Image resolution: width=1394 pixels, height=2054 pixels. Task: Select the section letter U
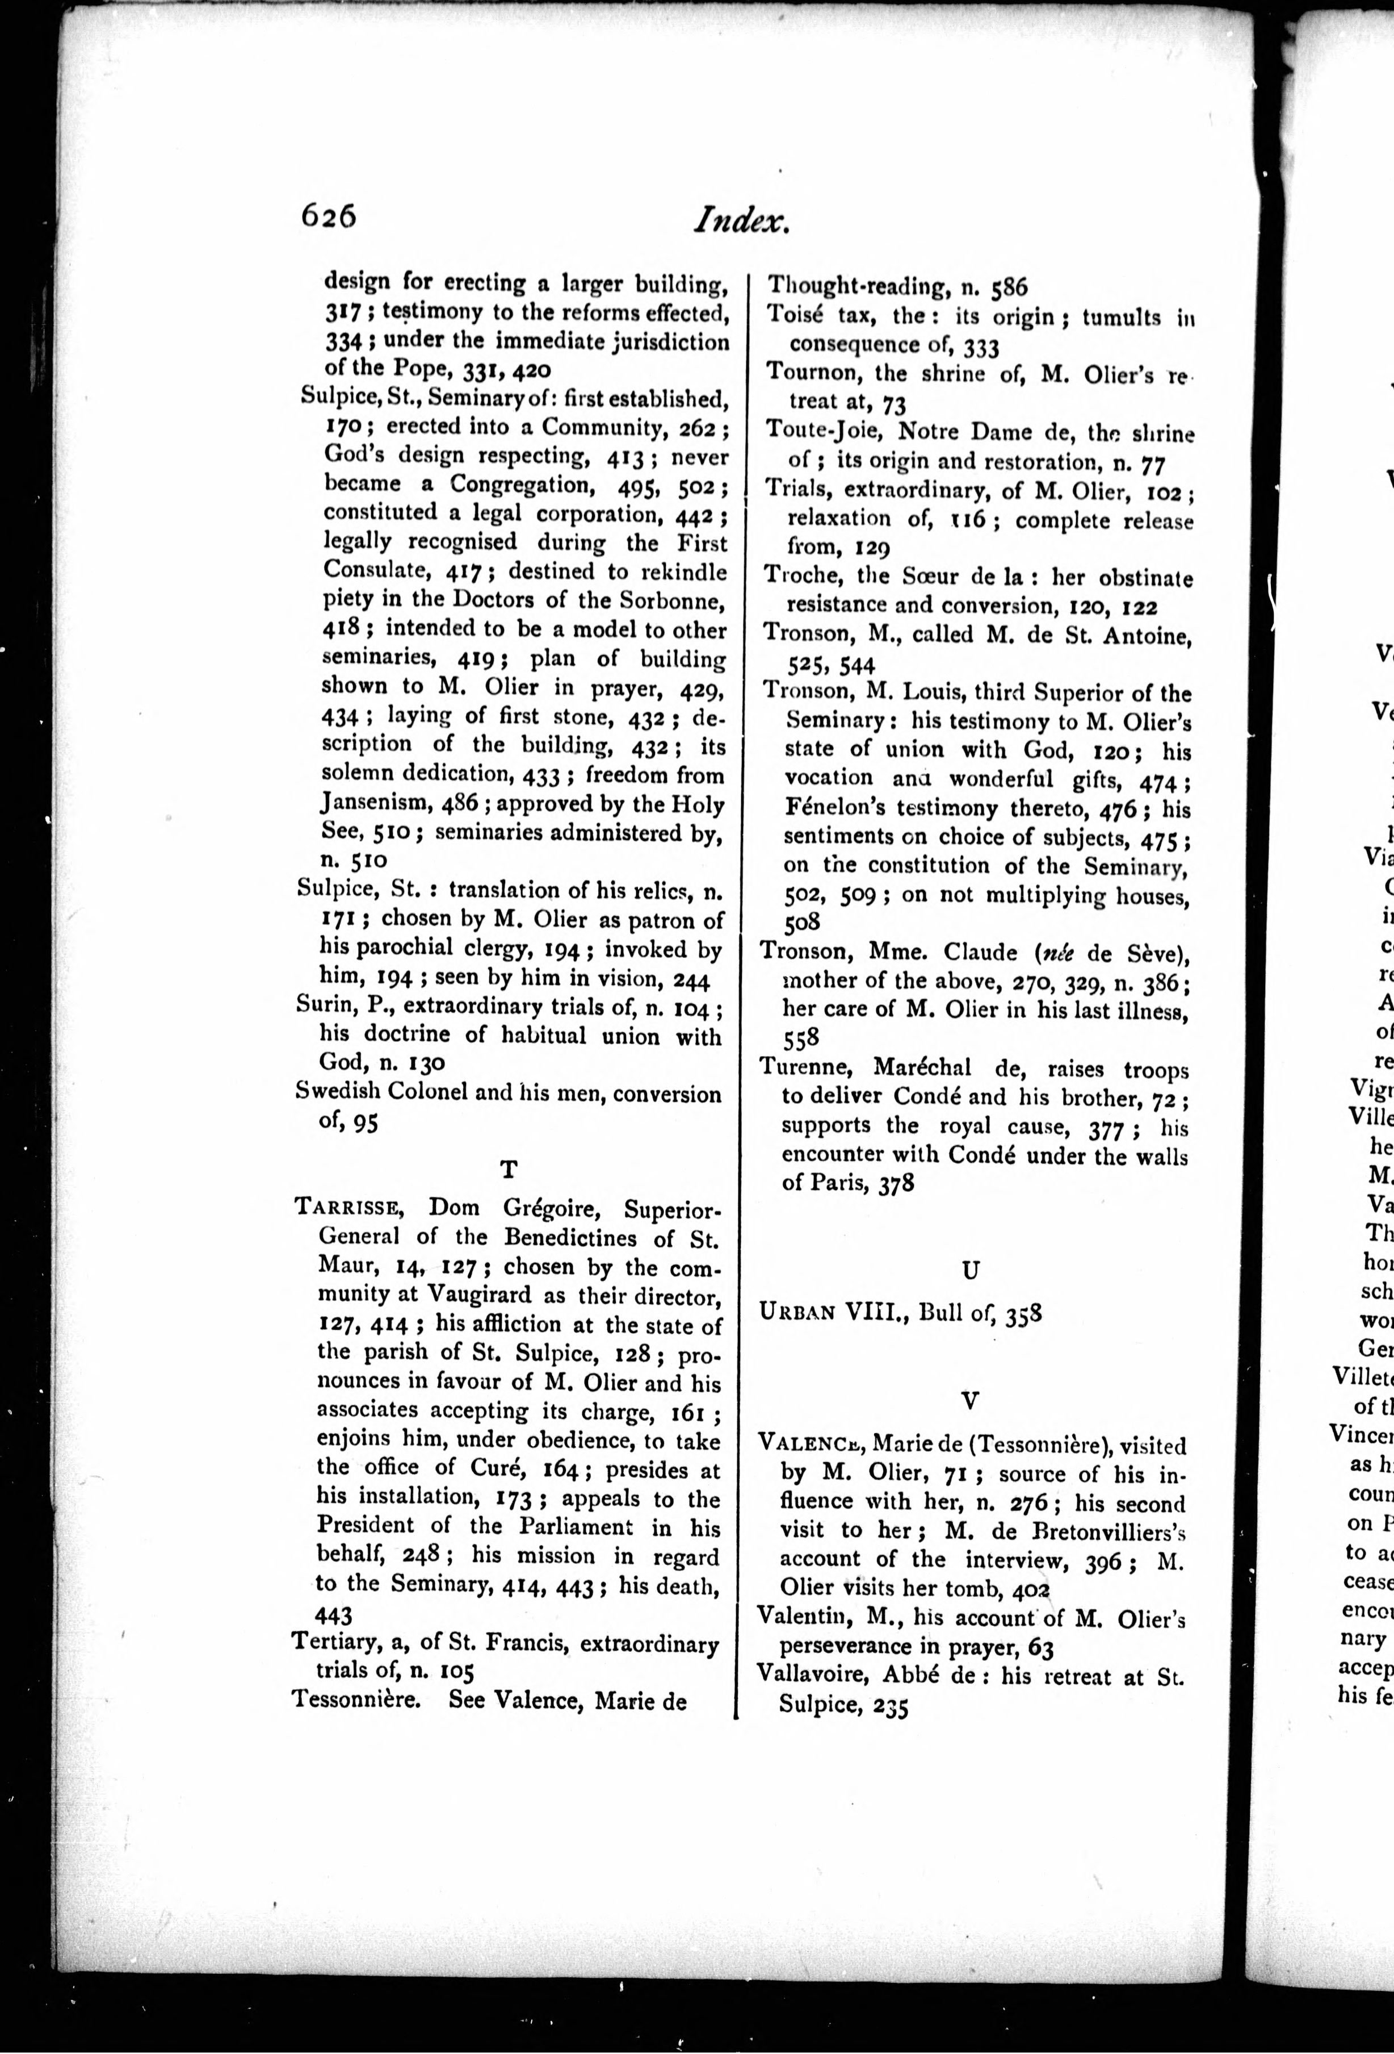click(x=970, y=1270)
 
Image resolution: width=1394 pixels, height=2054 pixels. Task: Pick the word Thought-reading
click(x=851, y=286)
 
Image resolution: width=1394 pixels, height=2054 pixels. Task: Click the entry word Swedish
click(x=339, y=1094)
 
